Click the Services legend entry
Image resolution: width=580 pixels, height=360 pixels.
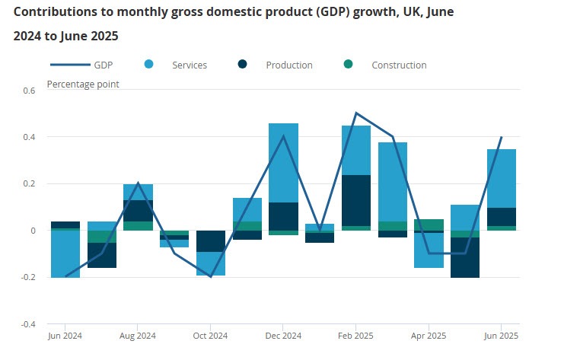tap(189, 65)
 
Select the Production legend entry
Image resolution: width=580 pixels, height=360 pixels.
tap(288, 65)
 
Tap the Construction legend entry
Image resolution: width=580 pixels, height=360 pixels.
tap(398, 65)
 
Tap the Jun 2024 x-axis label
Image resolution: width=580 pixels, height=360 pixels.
tap(65, 336)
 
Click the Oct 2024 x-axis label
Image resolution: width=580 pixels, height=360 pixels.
tap(210, 336)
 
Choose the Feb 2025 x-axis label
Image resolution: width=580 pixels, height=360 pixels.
tap(355, 336)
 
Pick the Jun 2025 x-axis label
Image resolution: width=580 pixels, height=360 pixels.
tap(502, 336)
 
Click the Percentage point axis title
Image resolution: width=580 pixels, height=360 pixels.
tap(83, 83)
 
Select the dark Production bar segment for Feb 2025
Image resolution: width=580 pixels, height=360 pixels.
tap(355, 200)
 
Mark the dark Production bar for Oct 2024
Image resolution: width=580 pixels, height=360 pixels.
tap(210, 241)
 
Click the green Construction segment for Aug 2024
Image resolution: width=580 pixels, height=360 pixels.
tap(138, 225)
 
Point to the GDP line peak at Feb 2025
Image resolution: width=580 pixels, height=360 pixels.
tap(355, 113)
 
